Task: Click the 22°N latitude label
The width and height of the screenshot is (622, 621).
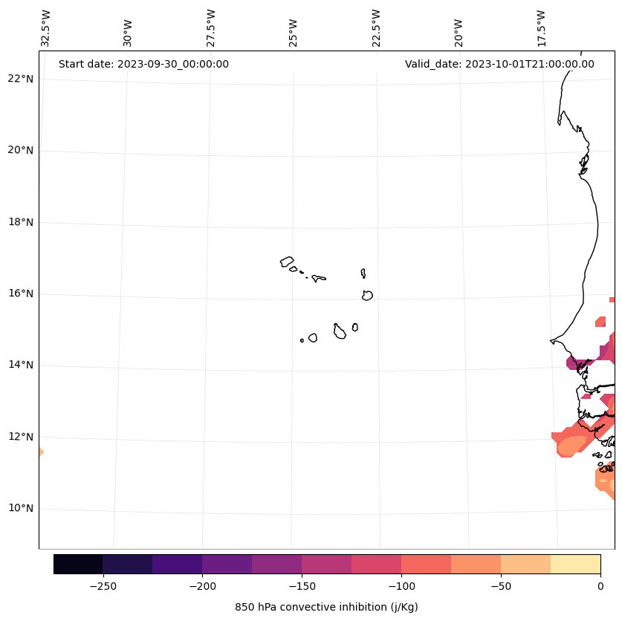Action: pyautogui.click(x=21, y=79)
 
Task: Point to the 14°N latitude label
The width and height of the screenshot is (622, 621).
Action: pyautogui.click(x=21, y=365)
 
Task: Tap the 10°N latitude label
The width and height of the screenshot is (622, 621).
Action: pyautogui.click(x=21, y=508)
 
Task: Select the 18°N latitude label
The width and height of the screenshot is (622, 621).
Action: pyautogui.click(x=21, y=222)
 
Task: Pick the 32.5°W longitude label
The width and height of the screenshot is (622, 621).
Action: pyautogui.click(x=45, y=28)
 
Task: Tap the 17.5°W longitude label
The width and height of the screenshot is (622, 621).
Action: pyautogui.click(x=541, y=28)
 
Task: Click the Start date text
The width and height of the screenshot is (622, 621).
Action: pyautogui.click(x=143, y=64)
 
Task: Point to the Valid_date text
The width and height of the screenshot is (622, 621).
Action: pyautogui.click(x=499, y=64)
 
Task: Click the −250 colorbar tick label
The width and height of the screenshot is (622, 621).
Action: pyautogui.click(x=103, y=587)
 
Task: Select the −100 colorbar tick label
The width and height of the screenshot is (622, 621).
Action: pyautogui.click(x=401, y=587)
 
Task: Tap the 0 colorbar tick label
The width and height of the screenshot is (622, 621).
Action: pyautogui.click(x=600, y=587)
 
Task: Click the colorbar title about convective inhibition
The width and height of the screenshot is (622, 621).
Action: pyautogui.click(x=326, y=607)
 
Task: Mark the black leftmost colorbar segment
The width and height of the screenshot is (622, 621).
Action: pyautogui.click(x=78, y=564)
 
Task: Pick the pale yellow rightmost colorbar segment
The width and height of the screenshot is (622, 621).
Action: pyautogui.click(x=575, y=564)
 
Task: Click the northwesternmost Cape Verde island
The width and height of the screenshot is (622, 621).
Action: pyautogui.click(x=287, y=261)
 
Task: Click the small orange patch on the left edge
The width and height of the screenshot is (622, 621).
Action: pyautogui.click(x=40, y=452)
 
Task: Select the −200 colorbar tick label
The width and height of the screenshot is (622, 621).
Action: pyautogui.click(x=202, y=587)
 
